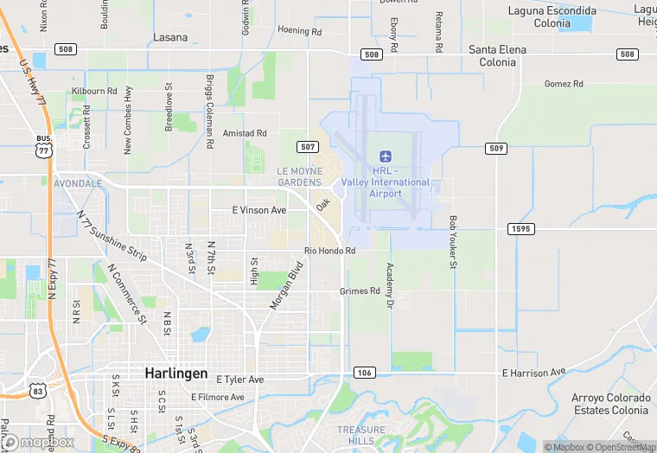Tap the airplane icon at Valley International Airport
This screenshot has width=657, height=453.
386,156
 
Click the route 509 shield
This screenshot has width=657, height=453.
495,148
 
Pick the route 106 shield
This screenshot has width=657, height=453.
364,373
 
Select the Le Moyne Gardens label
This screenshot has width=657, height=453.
299,176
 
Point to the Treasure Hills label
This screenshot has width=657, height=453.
361,435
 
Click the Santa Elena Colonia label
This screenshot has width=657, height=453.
498,55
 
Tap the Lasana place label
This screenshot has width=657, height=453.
169,38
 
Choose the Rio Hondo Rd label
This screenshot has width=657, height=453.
329,251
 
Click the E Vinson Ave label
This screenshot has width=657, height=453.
259,210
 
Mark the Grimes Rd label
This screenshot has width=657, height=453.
360,291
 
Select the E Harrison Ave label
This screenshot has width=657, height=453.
533,372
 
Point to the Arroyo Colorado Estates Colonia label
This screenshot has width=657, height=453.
610,404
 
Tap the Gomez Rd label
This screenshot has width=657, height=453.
564,84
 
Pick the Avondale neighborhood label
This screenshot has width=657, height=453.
78,184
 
